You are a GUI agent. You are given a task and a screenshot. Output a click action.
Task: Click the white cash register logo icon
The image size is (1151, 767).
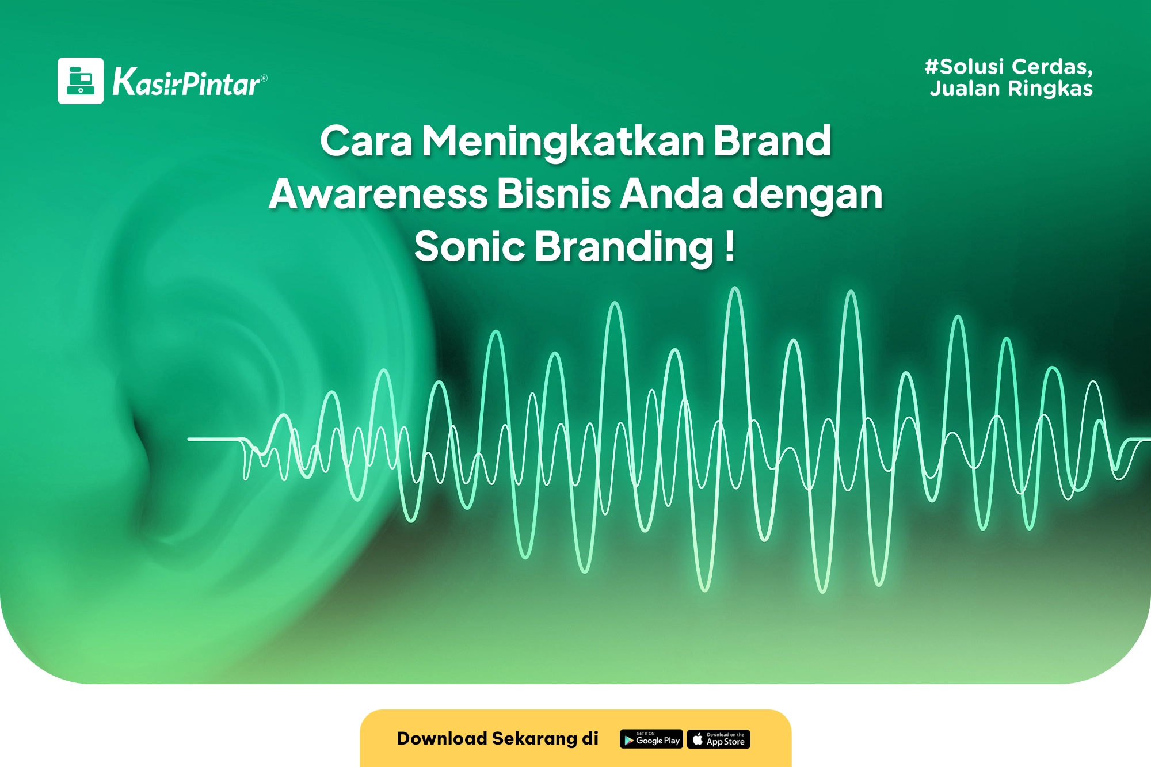[x=81, y=81]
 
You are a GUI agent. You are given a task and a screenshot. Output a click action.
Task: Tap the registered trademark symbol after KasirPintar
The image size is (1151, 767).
[x=264, y=78]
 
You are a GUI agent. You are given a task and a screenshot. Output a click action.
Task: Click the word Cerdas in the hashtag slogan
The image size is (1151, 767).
[x=1052, y=67]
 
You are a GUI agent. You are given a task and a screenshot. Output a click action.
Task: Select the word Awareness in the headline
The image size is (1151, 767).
[x=379, y=194]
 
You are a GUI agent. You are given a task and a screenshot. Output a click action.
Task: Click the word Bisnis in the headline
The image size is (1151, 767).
[x=554, y=194]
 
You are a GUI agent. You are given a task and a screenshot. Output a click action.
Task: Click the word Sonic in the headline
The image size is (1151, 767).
[x=469, y=246]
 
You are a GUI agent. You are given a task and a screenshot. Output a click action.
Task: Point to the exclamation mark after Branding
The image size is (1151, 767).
[x=729, y=246]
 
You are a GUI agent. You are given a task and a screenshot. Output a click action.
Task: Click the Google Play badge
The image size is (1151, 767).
[x=651, y=739]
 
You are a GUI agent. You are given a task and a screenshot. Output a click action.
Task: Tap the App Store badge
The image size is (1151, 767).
[x=719, y=739]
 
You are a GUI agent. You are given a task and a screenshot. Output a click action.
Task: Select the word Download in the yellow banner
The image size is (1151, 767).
[x=442, y=738]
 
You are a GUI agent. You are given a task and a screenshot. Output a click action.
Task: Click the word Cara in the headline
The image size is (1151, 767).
[x=367, y=142]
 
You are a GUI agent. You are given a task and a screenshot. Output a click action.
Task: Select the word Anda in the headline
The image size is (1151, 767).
[x=672, y=194]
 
